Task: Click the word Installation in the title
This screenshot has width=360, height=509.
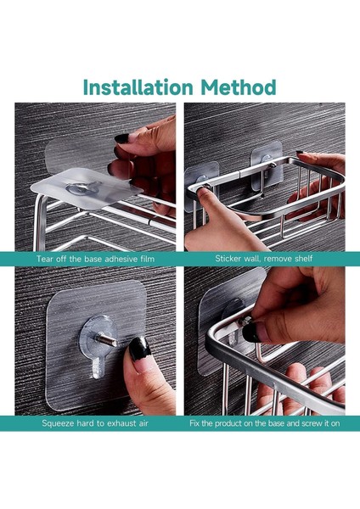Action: [x=138, y=87]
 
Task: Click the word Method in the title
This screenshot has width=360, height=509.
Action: [x=239, y=87]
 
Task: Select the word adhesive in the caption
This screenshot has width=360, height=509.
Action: [x=118, y=259]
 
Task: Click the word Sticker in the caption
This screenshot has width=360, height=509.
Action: [x=228, y=259]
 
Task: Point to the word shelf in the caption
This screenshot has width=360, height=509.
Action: [x=304, y=259]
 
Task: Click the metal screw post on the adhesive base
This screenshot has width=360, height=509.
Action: [x=108, y=340]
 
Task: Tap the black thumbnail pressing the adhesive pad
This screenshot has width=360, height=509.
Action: [x=139, y=349]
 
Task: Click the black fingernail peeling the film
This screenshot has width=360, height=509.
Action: [x=122, y=138]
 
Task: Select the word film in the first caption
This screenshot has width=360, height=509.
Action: [x=147, y=259]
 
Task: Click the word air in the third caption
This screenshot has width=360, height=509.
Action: [x=143, y=423]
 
